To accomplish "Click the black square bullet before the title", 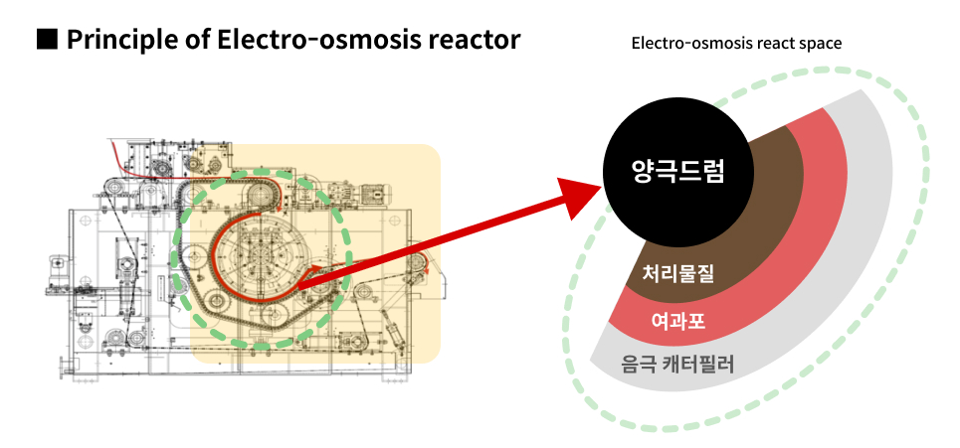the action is pyautogui.click(x=47, y=40).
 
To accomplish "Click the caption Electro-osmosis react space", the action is pyautogui.click(x=736, y=44).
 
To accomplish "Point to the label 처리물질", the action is pyautogui.click(x=678, y=272).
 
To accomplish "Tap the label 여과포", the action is pyautogui.click(x=677, y=320).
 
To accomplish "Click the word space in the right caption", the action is pyautogui.click(x=821, y=45).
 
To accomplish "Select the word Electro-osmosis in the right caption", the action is pyautogui.click(x=690, y=44).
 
